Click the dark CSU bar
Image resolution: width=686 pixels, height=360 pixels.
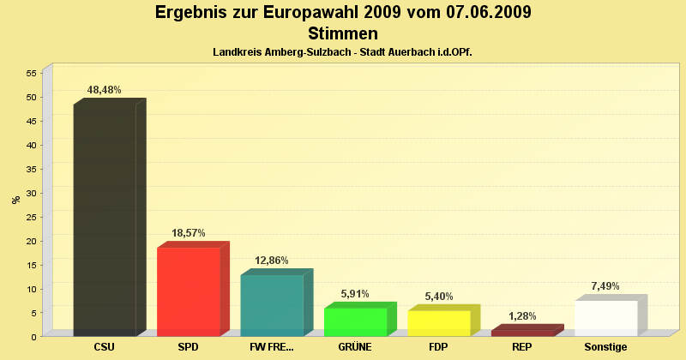point(105,219)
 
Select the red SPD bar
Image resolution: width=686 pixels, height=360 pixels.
point(189,291)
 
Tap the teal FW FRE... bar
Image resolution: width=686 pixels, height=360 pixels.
point(272,305)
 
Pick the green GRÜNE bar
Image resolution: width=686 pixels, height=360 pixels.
point(355,321)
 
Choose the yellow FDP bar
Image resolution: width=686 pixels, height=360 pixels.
point(439,323)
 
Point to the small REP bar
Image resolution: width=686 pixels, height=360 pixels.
point(522,333)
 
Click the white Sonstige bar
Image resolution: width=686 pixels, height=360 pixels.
point(606,318)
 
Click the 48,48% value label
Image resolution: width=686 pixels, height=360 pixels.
point(105,89)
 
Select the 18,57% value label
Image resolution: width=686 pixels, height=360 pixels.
point(188,233)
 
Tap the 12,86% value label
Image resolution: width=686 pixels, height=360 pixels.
point(272,261)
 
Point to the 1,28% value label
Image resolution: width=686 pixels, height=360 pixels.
point(522,316)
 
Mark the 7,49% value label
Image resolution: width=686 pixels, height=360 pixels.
point(605,286)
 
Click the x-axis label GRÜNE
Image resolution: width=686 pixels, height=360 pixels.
point(355,347)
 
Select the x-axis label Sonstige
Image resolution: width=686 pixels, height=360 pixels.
point(605,347)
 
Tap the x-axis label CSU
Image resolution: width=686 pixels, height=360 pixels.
point(105,347)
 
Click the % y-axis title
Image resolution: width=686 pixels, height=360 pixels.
point(15,200)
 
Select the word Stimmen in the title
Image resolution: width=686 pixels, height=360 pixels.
point(343,33)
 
